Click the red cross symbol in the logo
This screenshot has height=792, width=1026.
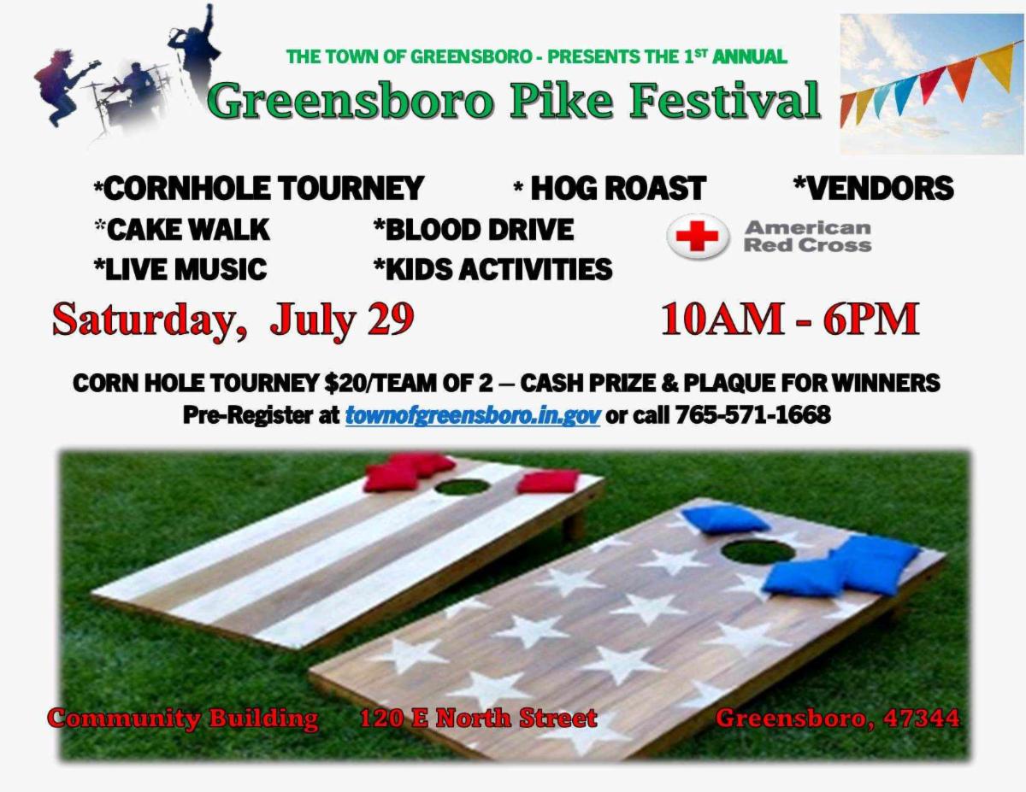pyautogui.click(x=698, y=236)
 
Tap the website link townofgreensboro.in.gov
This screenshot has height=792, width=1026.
pyautogui.click(x=473, y=415)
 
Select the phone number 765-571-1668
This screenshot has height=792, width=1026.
pyautogui.click(x=752, y=415)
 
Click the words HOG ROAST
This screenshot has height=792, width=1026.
pyautogui.click(x=617, y=188)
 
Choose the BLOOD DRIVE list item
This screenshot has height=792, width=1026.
pyautogui.click(x=474, y=230)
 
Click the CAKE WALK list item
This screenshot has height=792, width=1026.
pyautogui.click(x=182, y=230)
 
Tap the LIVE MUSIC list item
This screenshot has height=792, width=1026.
pyautogui.click(x=180, y=269)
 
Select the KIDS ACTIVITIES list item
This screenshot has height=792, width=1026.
pyautogui.click(x=493, y=269)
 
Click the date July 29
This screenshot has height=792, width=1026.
pyautogui.click(x=341, y=320)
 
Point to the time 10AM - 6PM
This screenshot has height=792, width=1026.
pyautogui.click(x=790, y=320)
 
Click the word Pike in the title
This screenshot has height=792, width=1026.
pyautogui.click(x=562, y=101)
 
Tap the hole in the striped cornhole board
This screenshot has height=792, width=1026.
pyautogui.click(x=462, y=486)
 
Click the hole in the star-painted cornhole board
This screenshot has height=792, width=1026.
pyautogui.click(x=758, y=551)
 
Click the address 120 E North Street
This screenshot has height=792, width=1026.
pyautogui.click(x=478, y=719)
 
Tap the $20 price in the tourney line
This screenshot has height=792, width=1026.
pyautogui.click(x=342, y=383)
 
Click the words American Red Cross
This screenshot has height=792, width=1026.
pyautogui.click(x=808, y=237)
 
